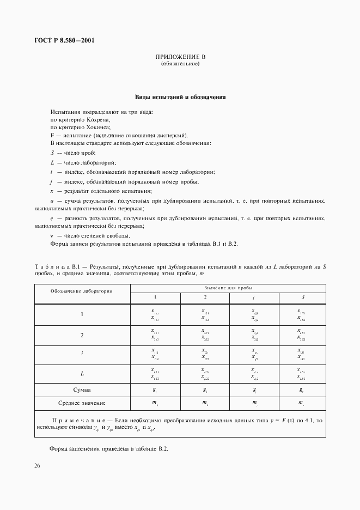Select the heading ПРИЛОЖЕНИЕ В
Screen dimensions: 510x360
pyautogui.click(x=180, y=57)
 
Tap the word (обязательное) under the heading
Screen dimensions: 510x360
pyautogui.click(x=180, y=64)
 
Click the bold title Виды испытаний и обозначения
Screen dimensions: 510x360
pyautogui.click(x=180, y=98)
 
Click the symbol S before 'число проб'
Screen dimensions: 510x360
pyautogui.click(x=52, y=153)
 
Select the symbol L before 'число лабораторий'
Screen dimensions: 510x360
pyautogui.click(x=52, y=162)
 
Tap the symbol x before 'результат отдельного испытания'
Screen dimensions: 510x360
pyautogui.click(x=52, y=191)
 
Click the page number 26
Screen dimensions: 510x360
pyautogui.click(x=38, y=465)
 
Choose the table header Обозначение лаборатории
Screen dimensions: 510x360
pyautogui.click(x=82, y=291)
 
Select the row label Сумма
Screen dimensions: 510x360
pyautogui.click(x=82, y=390)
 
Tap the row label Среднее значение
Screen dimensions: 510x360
pyautogui.click(x=82, y=403)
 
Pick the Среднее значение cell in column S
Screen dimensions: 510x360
pyautogui.click(x=301, y=403)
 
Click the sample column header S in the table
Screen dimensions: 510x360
pyautogui.click(x=302, y=297)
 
